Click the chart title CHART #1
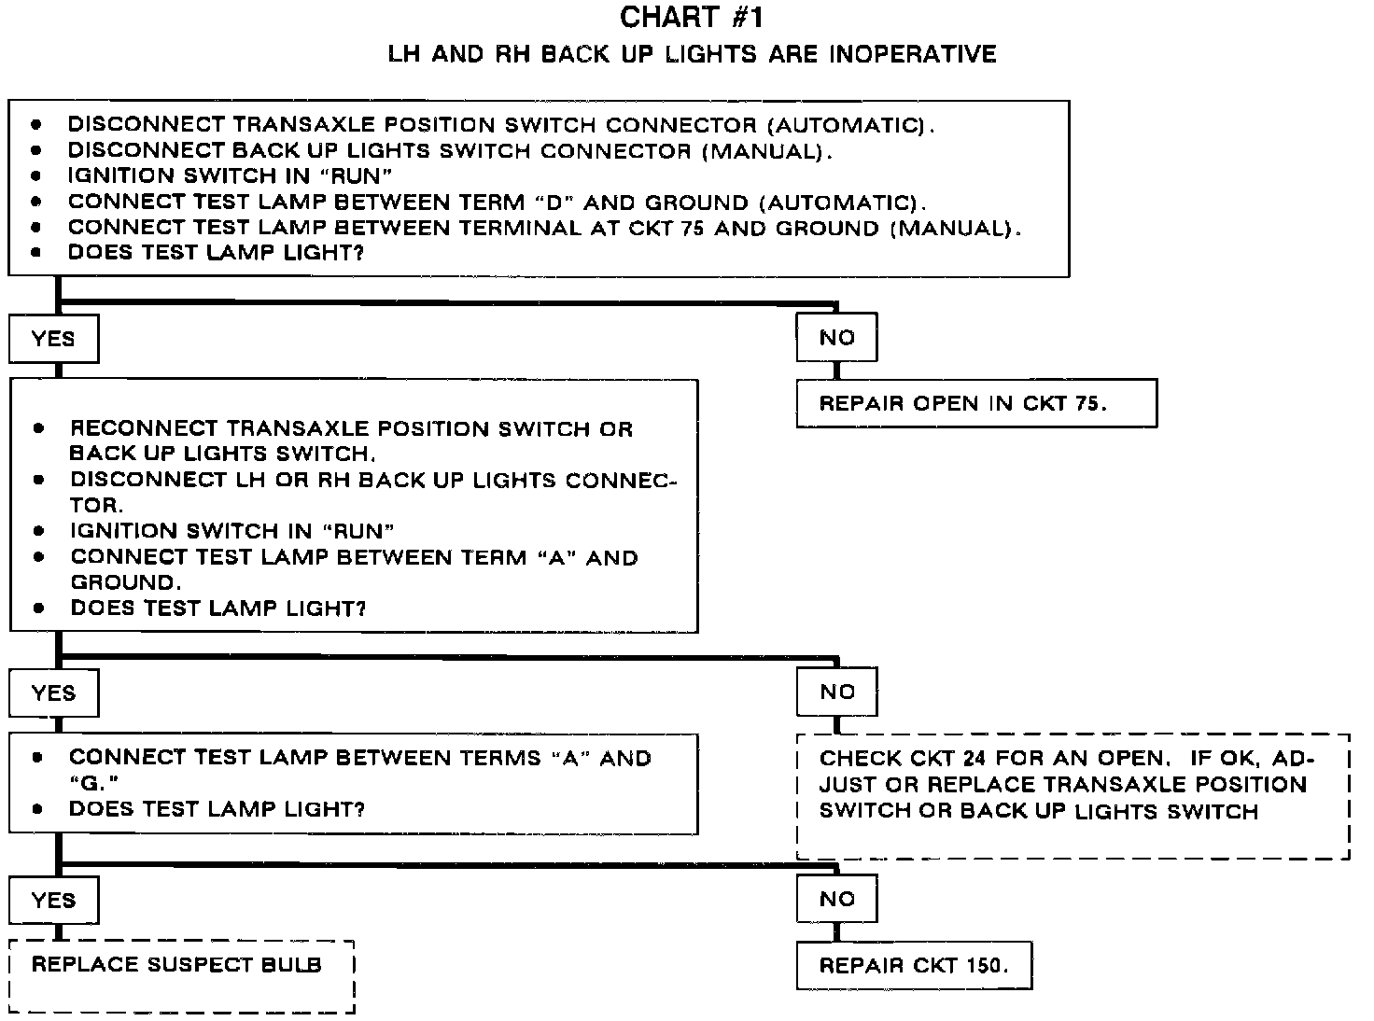692,17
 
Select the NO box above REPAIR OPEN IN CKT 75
836,338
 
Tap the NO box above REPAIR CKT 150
836,899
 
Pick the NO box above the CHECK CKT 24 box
836,692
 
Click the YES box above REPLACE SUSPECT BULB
53,900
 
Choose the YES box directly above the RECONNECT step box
53,338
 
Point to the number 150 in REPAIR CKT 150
986,965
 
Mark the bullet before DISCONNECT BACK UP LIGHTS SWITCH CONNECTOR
36,150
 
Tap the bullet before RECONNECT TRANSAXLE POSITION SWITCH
38,429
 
